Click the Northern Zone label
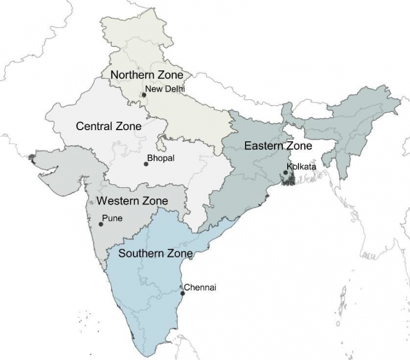pyautogui.click(x=147, y=75)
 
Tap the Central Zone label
pyautogui.click(x=109, y=126)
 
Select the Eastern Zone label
pyautogui.click(x=278, y=146)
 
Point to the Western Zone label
pyautogui.click(x=132, y=201)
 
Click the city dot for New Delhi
pyautogui.click(x=144, y=95)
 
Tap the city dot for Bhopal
pyautogui.click(x=146, y=164)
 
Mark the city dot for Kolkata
pyautogui.click(x=286, y=172)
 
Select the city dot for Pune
pyautogui.click(x=101, y=224)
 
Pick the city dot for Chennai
pyautogui.click(x=183, y=293)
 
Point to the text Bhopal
pyautogui.click(x=162, y=158)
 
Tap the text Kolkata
pyautogui.click(x=302, y=167)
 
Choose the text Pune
pyautogui.click(x=112, y=218)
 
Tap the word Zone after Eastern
pyautogui.click(x=299, y=146)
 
